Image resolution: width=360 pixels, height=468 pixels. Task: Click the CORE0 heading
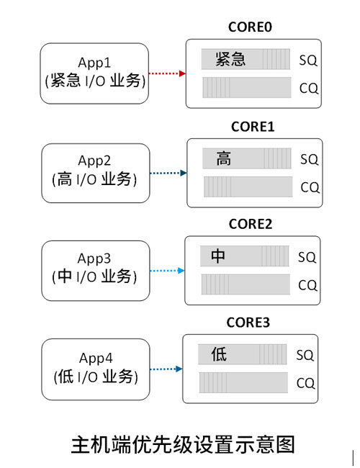(250, 27)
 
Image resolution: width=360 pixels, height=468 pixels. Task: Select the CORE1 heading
(253, 127)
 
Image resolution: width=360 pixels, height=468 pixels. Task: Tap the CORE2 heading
(250, 224)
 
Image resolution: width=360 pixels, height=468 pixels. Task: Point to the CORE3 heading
(248, 323)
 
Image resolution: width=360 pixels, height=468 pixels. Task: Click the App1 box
(94, 73)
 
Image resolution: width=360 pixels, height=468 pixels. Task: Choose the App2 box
(96, 173)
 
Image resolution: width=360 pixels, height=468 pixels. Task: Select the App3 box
(96, 271)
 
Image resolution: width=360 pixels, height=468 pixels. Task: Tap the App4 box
(96, 369)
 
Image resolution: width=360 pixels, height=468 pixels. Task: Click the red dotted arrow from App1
(167, 73)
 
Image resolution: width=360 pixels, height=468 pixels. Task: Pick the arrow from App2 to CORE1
(168, 173)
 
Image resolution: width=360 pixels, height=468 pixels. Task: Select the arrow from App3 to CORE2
(167, 271)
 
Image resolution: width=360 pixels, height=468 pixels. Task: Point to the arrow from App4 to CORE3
(166, 369)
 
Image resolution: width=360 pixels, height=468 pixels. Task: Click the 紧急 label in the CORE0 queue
(230, 59)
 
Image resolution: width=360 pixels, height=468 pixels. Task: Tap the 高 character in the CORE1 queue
(224, 158)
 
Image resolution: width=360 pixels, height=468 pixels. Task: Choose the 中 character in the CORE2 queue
(218, 256)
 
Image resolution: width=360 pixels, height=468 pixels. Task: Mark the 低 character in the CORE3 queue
(219, 354)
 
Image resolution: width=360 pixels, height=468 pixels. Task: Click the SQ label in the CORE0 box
(308, 60)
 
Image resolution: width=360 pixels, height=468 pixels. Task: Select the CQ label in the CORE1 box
(310, 187)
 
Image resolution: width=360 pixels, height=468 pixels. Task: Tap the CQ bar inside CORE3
(243, 382)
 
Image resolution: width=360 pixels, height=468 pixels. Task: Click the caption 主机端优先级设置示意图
(183, 444)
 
